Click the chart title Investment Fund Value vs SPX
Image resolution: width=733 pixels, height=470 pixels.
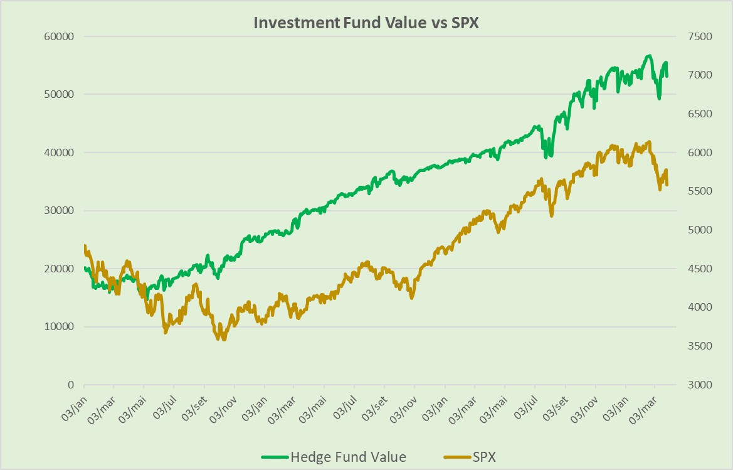pos(366,22)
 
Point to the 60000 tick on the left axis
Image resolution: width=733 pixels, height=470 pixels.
pos(61,36)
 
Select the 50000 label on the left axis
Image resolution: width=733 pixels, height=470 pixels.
pos(61,95)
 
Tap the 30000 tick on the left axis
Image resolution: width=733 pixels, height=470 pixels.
pos(61,211)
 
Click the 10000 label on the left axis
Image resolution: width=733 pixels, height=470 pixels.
pos(61,327)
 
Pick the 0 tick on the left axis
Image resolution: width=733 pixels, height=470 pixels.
pos(71,385)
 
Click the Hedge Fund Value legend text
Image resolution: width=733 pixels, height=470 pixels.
pos(347,456)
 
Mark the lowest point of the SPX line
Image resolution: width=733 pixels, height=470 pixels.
pos(224,339)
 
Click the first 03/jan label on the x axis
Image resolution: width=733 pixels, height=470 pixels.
pos(74,409)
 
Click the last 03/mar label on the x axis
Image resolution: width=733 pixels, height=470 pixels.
pos(646,409)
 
